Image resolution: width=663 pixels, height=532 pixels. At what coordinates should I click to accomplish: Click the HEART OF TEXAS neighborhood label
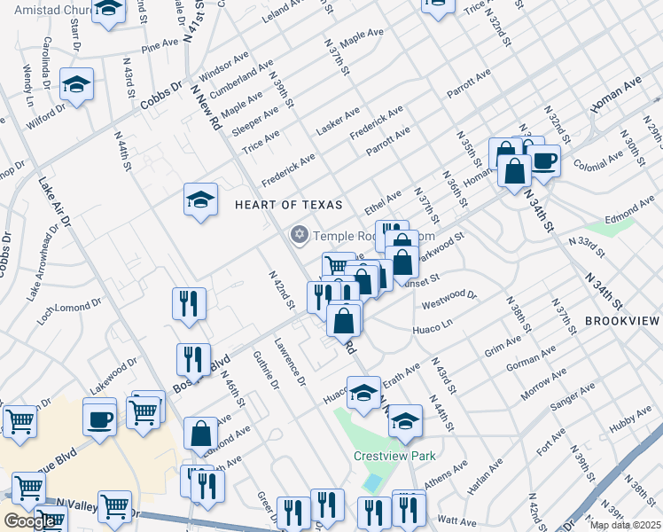click(288, 205)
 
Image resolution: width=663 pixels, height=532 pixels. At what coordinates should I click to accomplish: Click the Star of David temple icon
click(300, 235)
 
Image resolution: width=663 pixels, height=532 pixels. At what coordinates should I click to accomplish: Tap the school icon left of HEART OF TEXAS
click(201, 199)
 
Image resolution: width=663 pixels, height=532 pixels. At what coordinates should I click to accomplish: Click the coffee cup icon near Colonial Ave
click(544, 160)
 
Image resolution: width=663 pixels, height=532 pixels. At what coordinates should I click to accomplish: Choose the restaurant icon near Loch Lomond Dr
click(190, 303)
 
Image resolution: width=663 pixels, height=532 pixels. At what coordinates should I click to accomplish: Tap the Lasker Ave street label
click(338, 123)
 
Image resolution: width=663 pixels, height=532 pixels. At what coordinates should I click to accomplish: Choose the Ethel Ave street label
click(383, 202)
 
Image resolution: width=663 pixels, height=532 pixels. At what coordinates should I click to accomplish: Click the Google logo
click(29, 521)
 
